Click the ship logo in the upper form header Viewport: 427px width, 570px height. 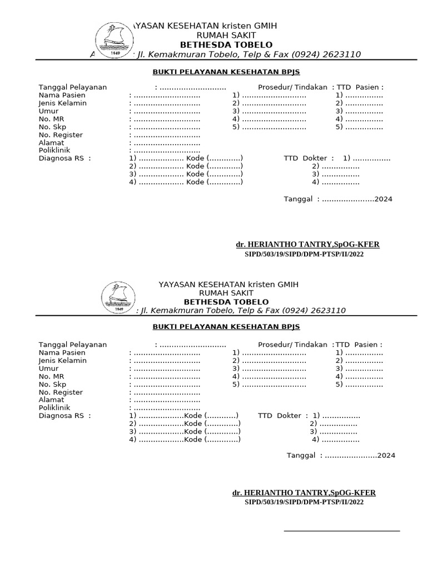point(114,41)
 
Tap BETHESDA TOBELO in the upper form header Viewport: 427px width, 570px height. point(226,45)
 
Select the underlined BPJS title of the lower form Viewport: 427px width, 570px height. point(226,327)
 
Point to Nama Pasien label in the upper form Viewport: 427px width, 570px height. point(62,95)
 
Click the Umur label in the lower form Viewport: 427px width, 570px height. point(48,368)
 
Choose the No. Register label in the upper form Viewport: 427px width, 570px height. point(61,135)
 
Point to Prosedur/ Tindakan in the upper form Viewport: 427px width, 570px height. point(293,87)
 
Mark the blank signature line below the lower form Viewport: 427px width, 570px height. point(341,531)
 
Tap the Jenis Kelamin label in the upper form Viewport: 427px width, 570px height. point(62,103)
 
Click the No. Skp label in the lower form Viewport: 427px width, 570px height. point(52,384)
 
